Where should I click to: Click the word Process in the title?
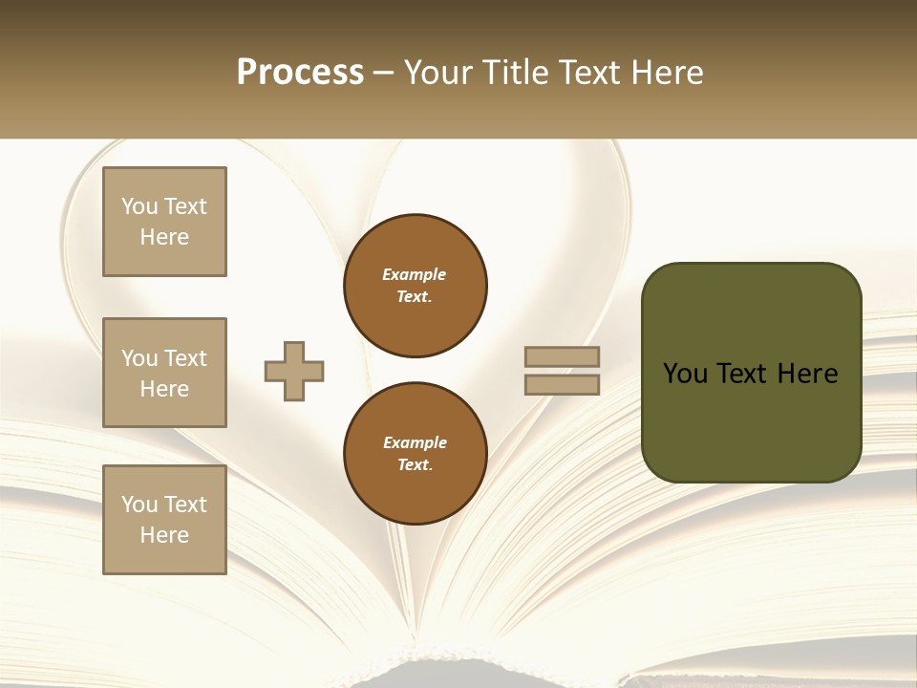(x=300, y=73)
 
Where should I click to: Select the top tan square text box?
(x=164, y=222)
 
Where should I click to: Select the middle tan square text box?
(x=164, y=373)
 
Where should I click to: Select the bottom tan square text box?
(x=164, y=519)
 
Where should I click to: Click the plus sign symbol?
(x=294, y=371)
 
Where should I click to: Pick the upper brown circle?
(x=416, y=286)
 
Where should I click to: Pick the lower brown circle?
(x=416, y=454)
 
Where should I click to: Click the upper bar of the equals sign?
(x=563, y=357)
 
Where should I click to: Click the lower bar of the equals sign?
(x=563, y=384)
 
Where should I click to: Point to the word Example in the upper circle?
(x=415, y=274)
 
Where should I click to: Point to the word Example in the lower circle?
(x=415, y=442)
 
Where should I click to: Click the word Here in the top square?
(x=164, y=237)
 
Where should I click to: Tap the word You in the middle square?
(x=139, y=358)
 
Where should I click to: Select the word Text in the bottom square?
(x=185, y=505)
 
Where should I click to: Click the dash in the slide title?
(x=383, y=74)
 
